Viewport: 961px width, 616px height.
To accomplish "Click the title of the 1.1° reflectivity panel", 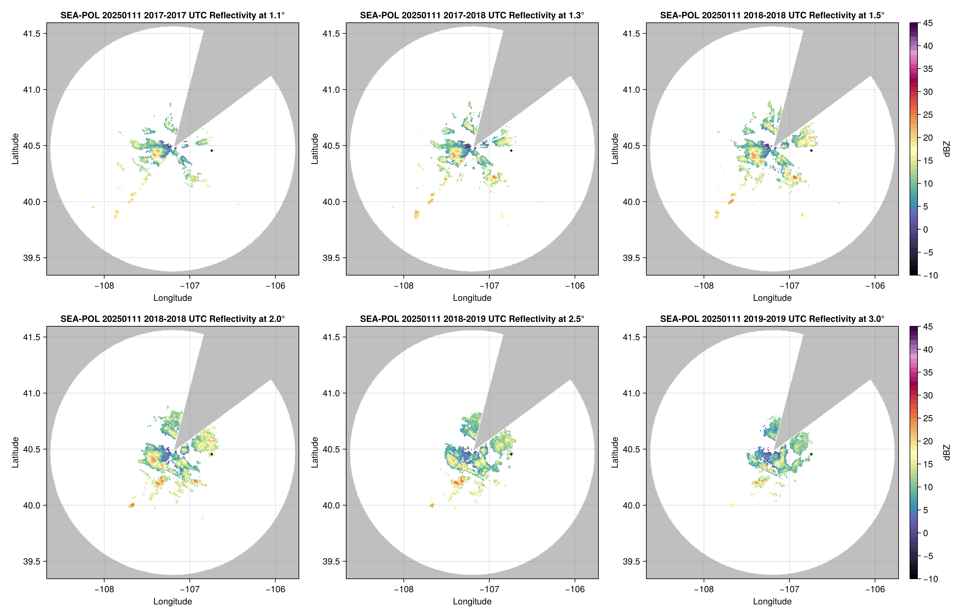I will (172, 15).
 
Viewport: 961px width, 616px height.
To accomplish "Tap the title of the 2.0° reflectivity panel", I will (172, 319).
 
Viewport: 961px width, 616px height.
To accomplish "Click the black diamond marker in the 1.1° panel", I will (211, 151).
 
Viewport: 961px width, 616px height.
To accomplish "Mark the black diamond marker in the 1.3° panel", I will (511, 151).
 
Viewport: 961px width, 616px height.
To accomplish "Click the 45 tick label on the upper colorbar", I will (928, 23).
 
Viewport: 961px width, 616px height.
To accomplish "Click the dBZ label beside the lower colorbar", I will (946, 453).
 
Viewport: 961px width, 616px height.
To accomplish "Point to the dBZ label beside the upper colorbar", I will (946, 149).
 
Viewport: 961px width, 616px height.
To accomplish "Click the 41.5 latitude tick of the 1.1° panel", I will (32, 33).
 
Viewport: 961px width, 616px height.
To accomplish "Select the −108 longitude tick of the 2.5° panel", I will (403, 589).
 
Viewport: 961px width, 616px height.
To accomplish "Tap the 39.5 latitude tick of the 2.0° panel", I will (32, 561).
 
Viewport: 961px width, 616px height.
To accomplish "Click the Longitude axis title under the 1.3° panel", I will (472, 298).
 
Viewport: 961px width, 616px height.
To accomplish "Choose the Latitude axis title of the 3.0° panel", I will (615, 453).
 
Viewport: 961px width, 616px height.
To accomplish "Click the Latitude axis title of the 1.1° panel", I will (15, 149).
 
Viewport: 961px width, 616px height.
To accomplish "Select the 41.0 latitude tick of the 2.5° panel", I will (331, 393).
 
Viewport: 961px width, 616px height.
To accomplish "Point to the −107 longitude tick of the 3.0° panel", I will (789, 589).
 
